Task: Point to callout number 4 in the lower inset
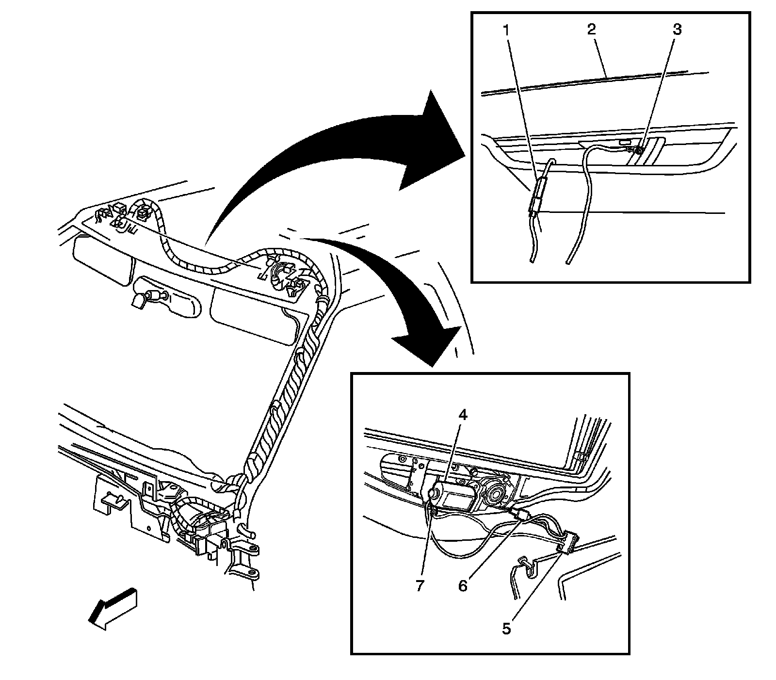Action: (463, 415)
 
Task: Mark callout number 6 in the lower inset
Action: (463, 586)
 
